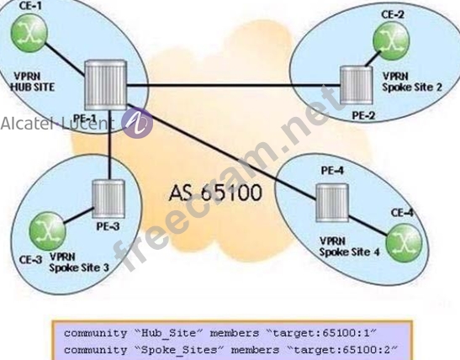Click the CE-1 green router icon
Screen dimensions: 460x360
pyautogui.click(x=29, y=33)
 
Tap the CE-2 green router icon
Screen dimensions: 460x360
pyautogui.click(x=391, y=40)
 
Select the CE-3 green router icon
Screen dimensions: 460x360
pyautogui.click(x=47, y=232)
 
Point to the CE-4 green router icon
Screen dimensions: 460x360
pyautogui.click(x=404, y=243)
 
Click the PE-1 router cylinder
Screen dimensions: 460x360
pyautogui.click(x=106, y=85)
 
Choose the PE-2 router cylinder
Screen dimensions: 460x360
pyautogui.click(x=357, y=85)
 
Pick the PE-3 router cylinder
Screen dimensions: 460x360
pyautogui.click(x=108, y=199)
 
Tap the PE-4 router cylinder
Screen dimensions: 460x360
pyautogui.click(x=332, y=203)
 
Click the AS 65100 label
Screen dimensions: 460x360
pyautogui.click(x=215, y=193)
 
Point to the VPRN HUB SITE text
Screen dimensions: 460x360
pyautogui.click(x=33, y=82)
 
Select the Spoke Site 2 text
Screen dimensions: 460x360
pyautogui.click(x=412, y=87)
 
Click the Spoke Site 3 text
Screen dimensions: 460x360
pyautogui.click(x=79, y=267)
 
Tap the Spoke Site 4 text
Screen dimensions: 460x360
pyautogui.click(x=349, y=252)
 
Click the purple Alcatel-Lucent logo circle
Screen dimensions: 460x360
pyautogui.click(x=137, y=123)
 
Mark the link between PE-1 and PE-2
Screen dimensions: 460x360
pyautogui.click(x=234, y=86)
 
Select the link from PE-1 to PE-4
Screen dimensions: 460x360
pyautogui.click(x=221, y=152)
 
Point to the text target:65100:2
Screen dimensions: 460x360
pyautogui.click(x=341, y=350)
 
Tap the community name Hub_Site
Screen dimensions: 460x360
pyautogui.click(x=169, y=334)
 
